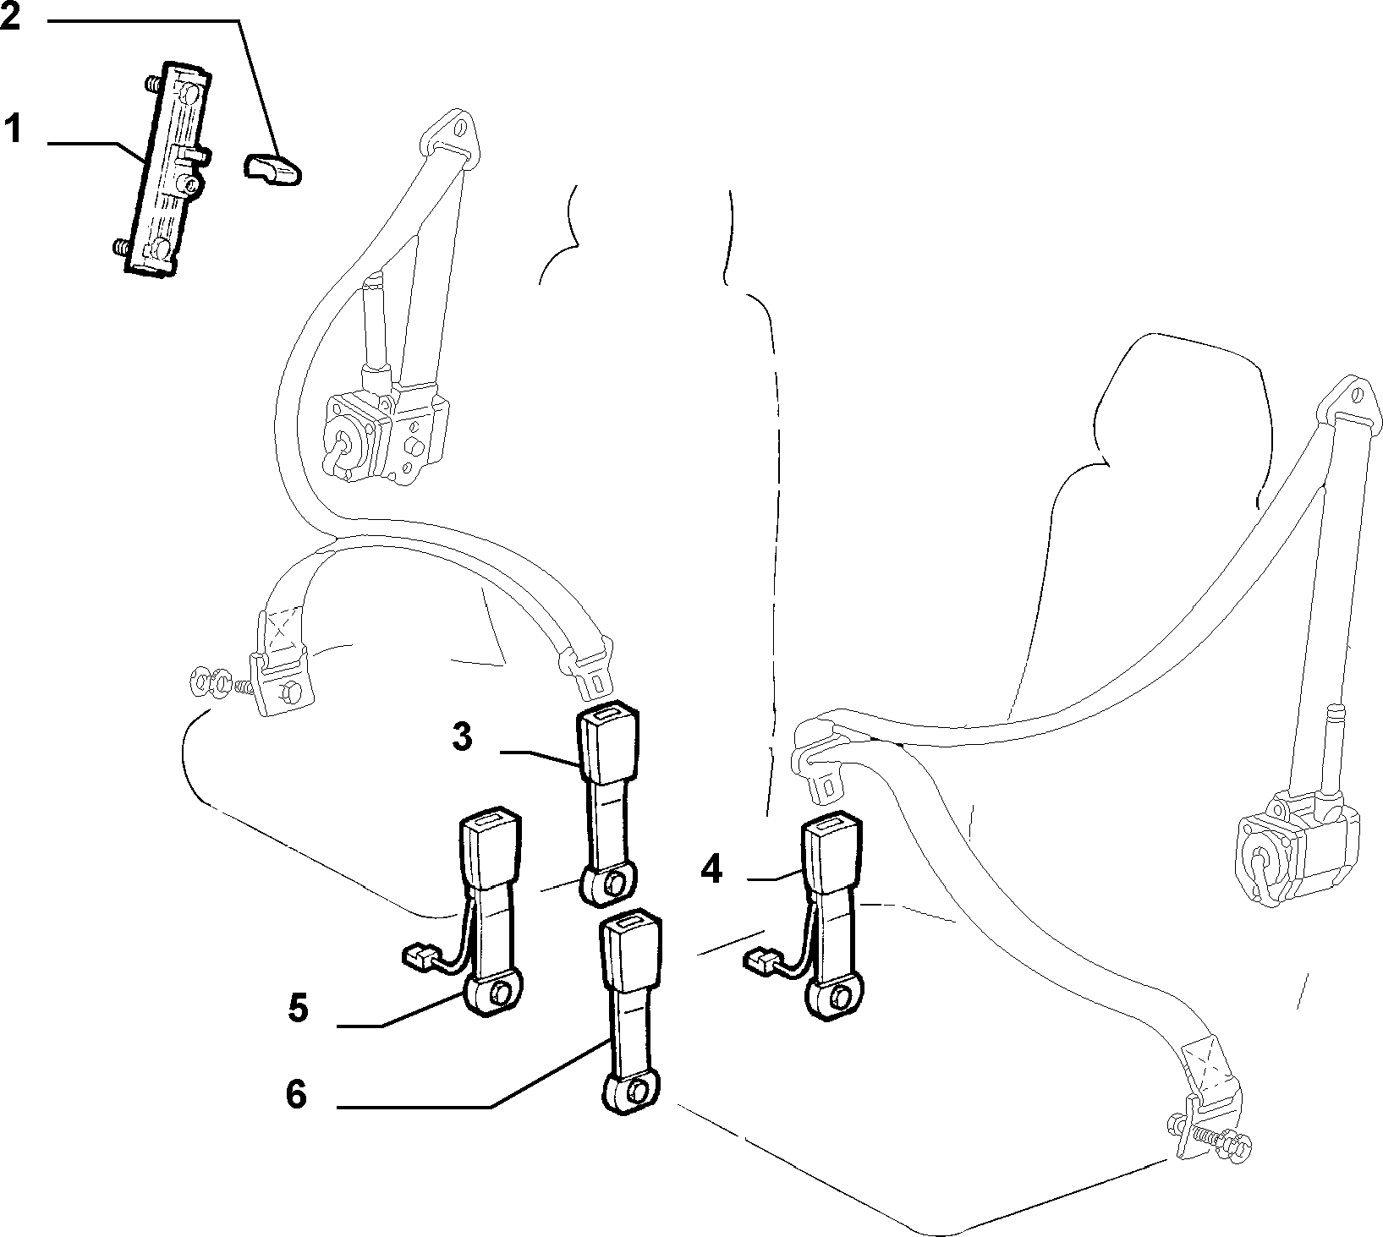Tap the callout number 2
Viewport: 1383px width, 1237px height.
click(11, 16)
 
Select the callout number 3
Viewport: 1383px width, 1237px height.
click(462, 736)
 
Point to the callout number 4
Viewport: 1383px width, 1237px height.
click(712, 868)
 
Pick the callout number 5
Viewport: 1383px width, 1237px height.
click(298, 1008)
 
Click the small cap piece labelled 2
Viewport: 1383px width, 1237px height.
click(273, 167)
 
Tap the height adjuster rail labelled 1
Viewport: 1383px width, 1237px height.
click(166, 167)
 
